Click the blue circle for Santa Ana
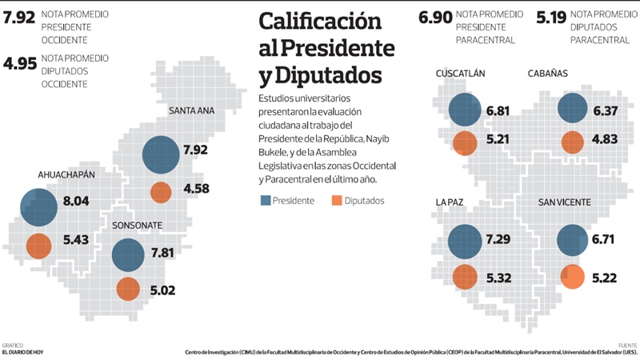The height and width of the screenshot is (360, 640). click(161, 154)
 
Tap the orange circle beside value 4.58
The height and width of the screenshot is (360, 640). click(161, 193)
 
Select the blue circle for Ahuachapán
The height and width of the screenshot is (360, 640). click(38, 207)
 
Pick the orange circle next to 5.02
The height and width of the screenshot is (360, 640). click(128, 289)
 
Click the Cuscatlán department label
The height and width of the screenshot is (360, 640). click(460, 74)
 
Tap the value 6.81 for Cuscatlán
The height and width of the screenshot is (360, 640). click(497, 110)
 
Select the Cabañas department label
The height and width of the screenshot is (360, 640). click(548, 74)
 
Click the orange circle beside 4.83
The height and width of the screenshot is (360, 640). click(572, 142)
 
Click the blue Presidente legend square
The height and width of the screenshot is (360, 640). click(265, 201)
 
